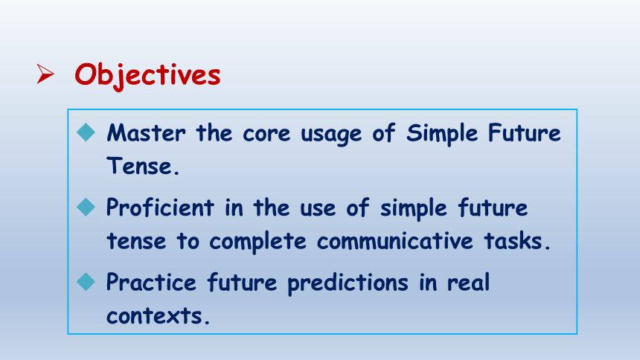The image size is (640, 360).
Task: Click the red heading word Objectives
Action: (x=147, y=76)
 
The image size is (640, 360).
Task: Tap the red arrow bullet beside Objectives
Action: (x=45, y=74)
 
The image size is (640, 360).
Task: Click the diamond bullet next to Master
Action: (x=86, y=132)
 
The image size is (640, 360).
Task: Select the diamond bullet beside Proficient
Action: (x=86, y=207)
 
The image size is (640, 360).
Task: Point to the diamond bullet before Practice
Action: (x=86, y=282)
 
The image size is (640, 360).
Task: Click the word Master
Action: (x=146, y=133)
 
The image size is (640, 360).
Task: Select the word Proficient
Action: (x=160, y=208)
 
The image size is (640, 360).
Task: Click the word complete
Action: (x=257, y=242)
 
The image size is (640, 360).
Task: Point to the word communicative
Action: (x=394, y=241)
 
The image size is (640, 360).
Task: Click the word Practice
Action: (x=151, y=283)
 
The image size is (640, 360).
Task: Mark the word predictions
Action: (x=348, y=283)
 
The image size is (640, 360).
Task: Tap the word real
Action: (x=468, y=282)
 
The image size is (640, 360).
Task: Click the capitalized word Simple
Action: (x=441, y=133)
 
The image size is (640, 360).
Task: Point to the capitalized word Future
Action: (x=525, y=133)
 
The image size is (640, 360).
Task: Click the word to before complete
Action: (x=188, y=241)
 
